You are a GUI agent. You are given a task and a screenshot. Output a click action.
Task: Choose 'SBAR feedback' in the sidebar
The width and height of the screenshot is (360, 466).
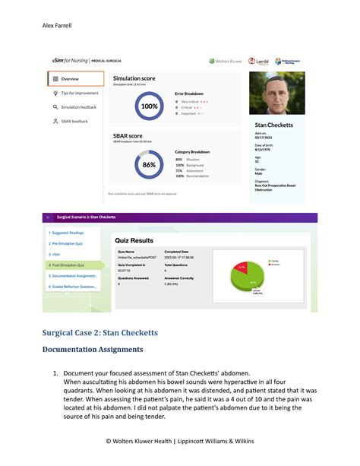(x=74, y=121)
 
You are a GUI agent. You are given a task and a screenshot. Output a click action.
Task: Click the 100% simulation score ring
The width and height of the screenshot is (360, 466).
(x=150, y=106)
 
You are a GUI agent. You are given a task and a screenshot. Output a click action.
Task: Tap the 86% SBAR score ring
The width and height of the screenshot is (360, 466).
(x=149, y=164)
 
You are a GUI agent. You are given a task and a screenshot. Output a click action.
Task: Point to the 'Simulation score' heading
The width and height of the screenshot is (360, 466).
(x=134, y=78)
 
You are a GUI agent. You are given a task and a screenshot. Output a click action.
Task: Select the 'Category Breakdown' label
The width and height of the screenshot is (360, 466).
(x=192, y=151)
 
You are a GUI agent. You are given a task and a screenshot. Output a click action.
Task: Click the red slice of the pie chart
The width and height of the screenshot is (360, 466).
(x=241, y=268)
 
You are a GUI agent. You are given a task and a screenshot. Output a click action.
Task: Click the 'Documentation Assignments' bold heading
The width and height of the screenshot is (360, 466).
(x=92, y=349)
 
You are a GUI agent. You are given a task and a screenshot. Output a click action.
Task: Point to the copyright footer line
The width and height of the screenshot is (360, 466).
(x=181, y=440)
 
